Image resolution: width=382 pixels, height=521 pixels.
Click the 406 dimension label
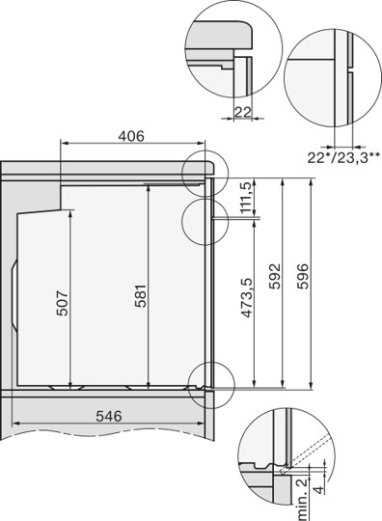[131, 136]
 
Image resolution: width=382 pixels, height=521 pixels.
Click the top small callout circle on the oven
[204, 170]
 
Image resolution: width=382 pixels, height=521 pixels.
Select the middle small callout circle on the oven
[201, 219]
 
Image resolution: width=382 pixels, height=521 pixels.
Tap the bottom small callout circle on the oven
[211, 382]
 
